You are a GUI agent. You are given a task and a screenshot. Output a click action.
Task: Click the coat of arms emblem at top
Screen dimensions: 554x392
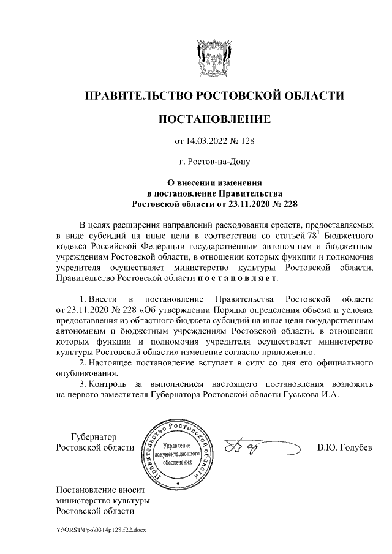214,59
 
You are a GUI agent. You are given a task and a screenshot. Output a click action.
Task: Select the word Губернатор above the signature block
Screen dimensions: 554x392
93,437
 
